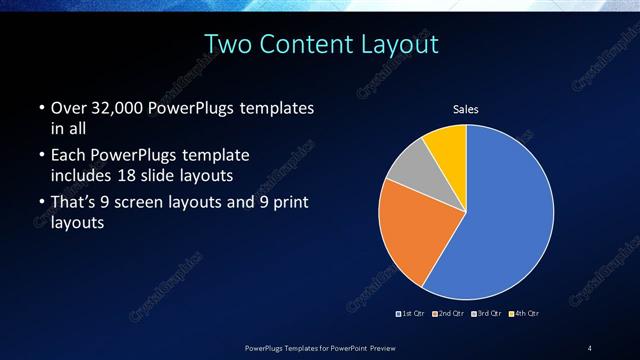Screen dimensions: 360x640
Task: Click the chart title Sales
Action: (x=466, y=108)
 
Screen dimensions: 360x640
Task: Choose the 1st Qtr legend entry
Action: (x=412, y=314)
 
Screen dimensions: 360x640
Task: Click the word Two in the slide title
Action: (x=229, y=45)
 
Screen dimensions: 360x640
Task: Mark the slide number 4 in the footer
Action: (x=590, y=347)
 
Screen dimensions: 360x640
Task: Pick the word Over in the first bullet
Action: (x=67, y=107)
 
